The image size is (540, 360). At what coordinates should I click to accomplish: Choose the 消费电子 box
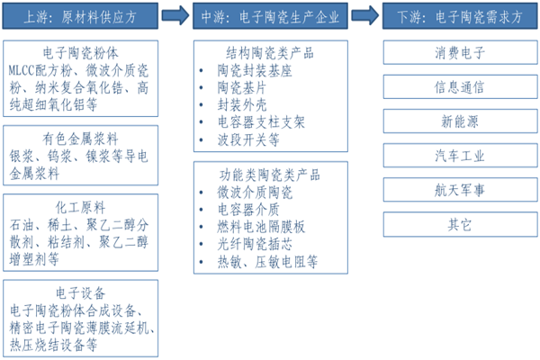[460, 53]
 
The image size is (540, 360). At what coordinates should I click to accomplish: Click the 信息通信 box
[460, 87]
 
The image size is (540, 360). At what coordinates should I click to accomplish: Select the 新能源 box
[460, 121]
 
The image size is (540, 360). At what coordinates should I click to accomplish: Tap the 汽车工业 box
[460, 156]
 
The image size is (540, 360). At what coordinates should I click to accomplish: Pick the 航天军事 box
[460, 190]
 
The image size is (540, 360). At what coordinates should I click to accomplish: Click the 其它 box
[460, 224]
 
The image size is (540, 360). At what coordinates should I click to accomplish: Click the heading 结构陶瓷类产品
[270, 51]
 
